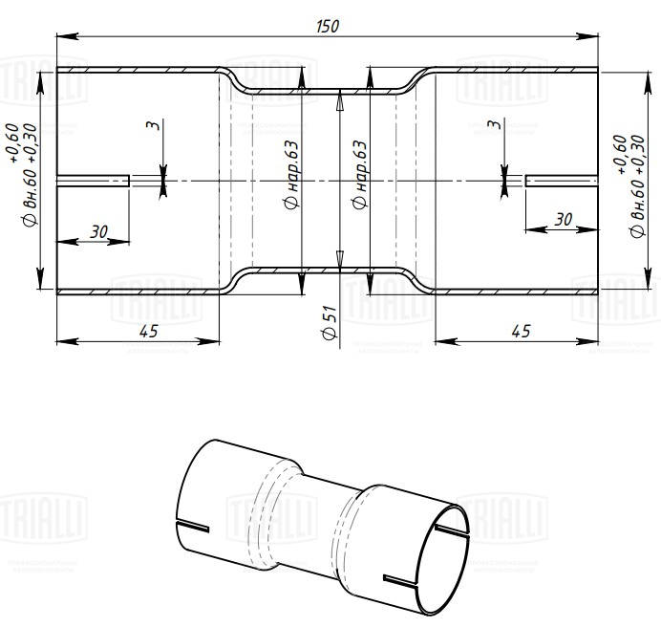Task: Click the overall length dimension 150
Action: tap(328, 26)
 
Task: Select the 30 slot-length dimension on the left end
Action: tap(99, 230)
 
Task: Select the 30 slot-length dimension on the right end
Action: tap(563, 219)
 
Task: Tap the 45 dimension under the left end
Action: tap(147, 330)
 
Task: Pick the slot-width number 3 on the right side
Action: tap(494, 125)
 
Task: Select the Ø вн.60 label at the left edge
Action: tap(30, 205)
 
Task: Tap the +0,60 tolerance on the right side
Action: tap(620, 154)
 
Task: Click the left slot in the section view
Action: tap(93, 180)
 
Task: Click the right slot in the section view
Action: tap(562, 180)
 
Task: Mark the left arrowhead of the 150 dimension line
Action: tap(62, 36)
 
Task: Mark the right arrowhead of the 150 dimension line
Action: tap(592, 36)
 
